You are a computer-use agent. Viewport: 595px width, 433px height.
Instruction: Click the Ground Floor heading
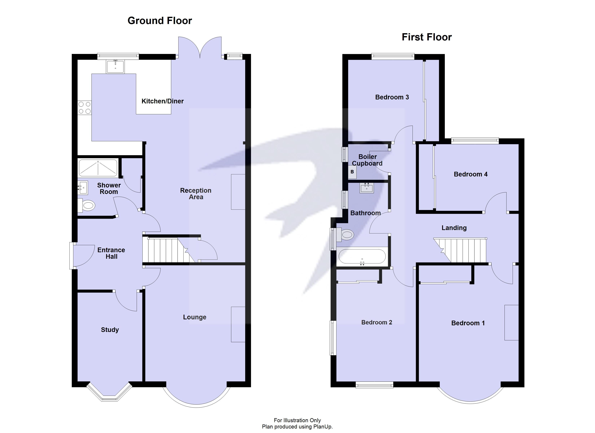[x=160, y=21]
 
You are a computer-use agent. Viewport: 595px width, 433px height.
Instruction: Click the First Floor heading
[x=427, y=37]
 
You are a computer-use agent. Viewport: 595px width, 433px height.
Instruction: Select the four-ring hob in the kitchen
[x=85, y=108]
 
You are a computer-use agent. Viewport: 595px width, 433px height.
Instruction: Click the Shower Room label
[x=109, y=188]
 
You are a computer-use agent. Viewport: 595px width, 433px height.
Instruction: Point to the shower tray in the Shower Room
[x=98, y=168]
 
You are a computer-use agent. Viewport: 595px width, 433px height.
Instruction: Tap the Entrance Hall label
[x=111, y=253]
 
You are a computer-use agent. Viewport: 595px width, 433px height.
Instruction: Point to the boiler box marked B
[x=352, y=172]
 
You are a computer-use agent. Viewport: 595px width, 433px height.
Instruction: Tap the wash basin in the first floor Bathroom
[x=367, y=188]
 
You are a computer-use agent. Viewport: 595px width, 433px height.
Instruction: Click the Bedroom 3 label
[x=392, y=97]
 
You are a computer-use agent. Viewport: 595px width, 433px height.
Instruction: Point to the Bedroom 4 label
[x=470, y=174]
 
